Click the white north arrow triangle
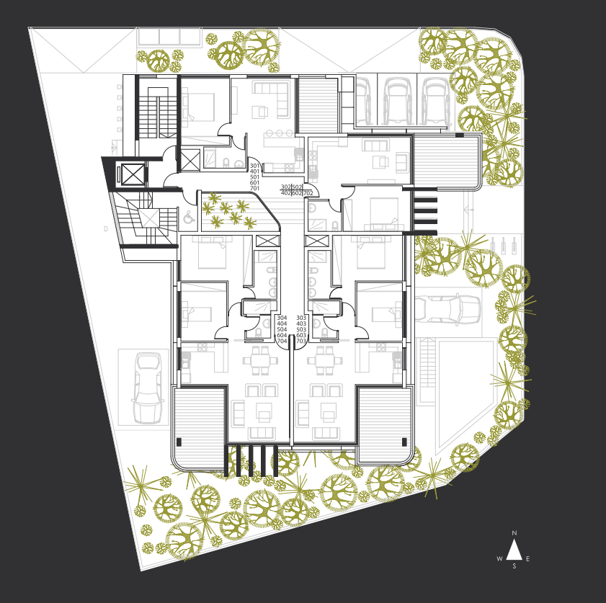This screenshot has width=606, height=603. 514,551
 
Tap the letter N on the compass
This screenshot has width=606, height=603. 514,533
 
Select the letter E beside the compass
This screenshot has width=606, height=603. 528,558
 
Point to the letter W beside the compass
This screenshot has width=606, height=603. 500,558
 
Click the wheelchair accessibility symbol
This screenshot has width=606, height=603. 189,218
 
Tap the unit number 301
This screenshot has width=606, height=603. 254,166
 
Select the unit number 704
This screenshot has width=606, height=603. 282,341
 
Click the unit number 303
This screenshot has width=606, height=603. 301,318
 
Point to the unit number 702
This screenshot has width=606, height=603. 308,193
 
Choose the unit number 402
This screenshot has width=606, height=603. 285,193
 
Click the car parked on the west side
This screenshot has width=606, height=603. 148,388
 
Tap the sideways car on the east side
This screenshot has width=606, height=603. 447,308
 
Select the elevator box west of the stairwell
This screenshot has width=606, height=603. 133,174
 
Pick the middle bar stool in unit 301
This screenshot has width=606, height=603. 279,133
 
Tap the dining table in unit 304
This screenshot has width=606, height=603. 260,360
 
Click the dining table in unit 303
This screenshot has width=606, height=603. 325,360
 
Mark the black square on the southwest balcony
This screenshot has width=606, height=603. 179,442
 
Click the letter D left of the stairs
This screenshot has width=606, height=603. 106,228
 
